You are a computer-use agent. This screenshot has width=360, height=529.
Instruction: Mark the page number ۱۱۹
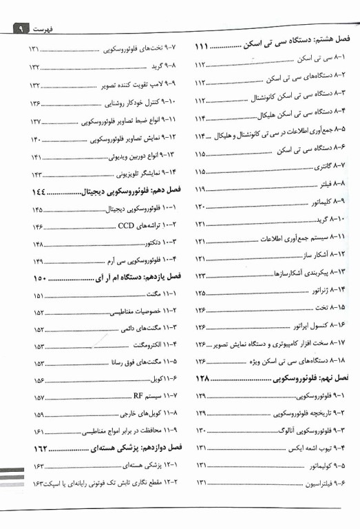point(201,187)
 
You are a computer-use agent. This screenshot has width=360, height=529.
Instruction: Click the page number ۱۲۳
point(201,275)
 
